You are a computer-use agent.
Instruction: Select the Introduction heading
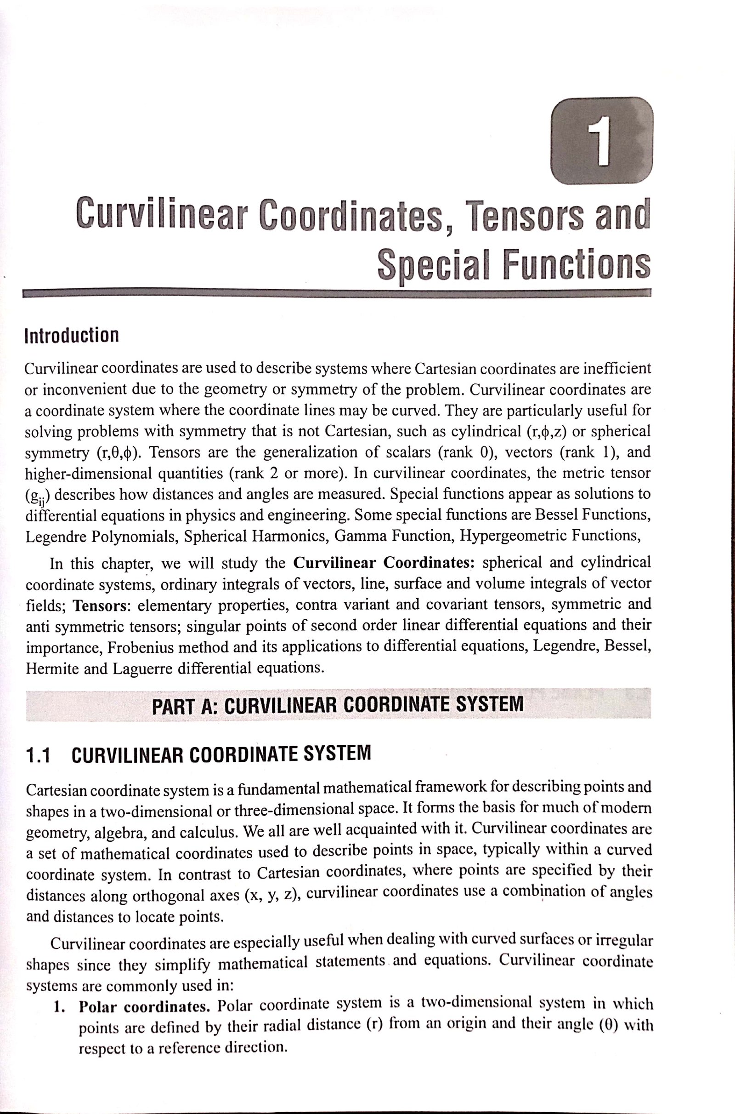tap(72, 335)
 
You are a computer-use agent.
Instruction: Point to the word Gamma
tap(357, 535)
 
